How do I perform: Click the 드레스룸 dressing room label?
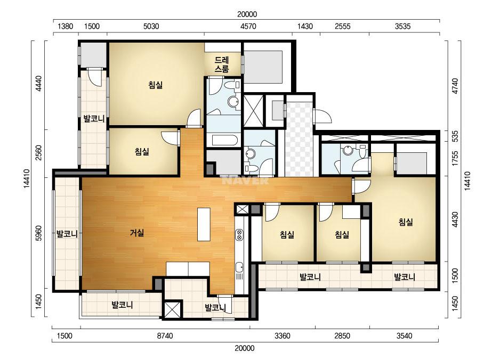point(222,64)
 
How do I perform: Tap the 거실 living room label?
point(137,233)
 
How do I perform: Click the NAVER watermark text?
point(245,181)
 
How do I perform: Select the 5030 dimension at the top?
point(151,26)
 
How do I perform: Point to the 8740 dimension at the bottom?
point(165,336)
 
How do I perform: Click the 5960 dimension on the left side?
point(39,233)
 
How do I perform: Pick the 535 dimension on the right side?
point(455,136)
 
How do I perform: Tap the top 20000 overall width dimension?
point(247,14)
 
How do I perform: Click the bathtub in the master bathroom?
point(224,140)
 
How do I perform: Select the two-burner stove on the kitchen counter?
point(239,234)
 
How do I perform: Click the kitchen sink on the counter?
point(239,267)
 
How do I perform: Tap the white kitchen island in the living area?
point(204,224)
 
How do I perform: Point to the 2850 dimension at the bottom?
point(342,336)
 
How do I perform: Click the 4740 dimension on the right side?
point(455,86)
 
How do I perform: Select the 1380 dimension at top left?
point(65,26)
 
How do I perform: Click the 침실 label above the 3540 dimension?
point(406,222)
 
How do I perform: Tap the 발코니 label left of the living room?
point(67,234)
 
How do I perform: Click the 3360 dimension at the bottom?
point(283,336)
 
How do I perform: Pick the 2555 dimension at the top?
point(343,26)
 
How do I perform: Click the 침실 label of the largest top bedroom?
point(156,85)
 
